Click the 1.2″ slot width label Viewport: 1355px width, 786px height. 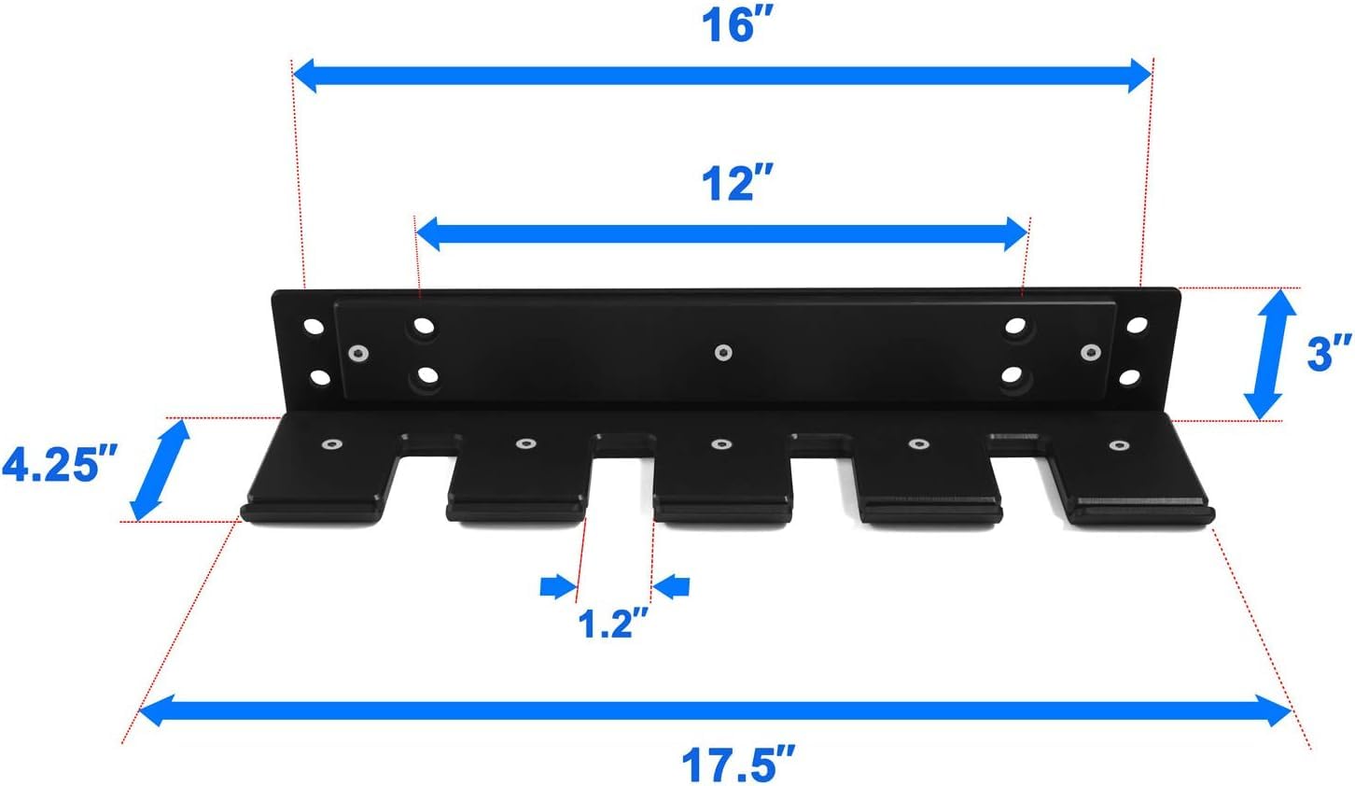(x=613, y=623)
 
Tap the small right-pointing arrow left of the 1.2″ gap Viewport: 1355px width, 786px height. (x=557, y=587)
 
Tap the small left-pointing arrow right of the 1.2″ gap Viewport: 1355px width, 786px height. (x=672, y=587)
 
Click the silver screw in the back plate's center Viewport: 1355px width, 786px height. (x=721, y=352)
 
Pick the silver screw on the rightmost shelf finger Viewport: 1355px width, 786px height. (x=1117, y=445)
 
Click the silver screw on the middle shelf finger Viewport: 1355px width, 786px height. (x=719, y=444)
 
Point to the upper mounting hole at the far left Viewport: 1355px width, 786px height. (x=313, y=328)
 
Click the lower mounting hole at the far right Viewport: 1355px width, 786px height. (x=1130, y=378)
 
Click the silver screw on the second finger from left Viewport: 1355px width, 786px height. (x=525, y=443)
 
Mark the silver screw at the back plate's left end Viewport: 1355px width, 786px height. (x=356, y=353)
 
